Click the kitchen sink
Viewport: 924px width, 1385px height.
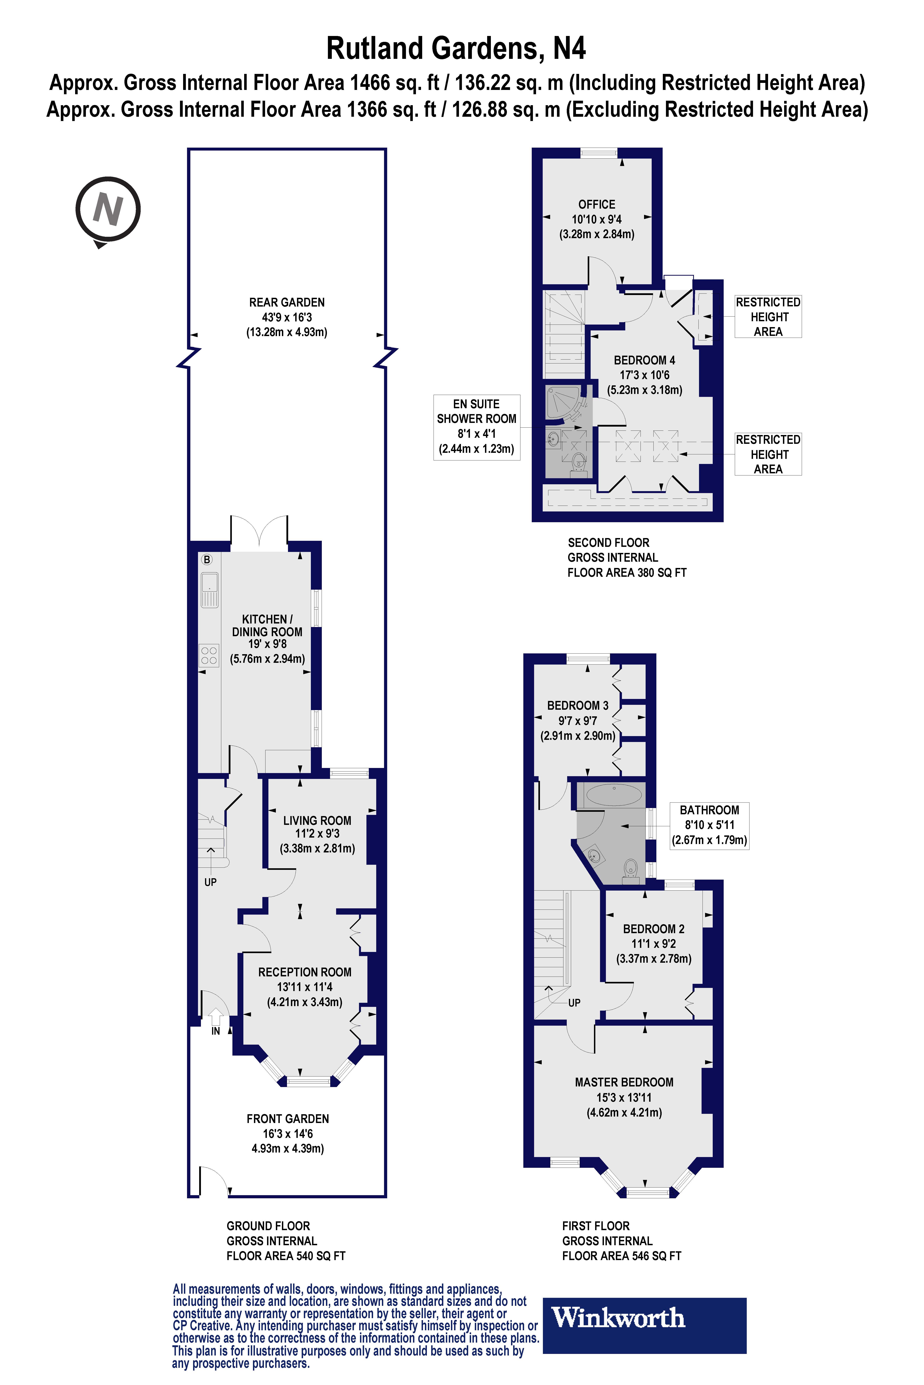pos(209,589)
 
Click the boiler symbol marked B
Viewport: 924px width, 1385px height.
pos(207,559)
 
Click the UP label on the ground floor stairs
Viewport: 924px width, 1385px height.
pos(210,882)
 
